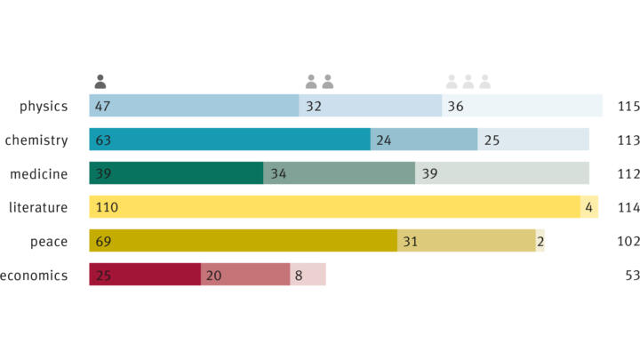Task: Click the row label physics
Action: [x=44, y=107]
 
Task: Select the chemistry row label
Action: [x=36, y=140]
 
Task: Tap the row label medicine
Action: [x=38, y=173]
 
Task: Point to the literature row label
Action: [x=38, y=207]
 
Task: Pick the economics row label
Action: [x=35, y=276]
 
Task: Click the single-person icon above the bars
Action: [x=100, y=82]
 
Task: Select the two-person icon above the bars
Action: [x=319, y=82]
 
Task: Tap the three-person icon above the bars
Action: [x=468, y=82]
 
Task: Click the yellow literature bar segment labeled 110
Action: [x=334, y=207]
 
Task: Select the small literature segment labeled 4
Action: [x=589, y=207]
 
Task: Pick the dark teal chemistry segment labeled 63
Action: [x=229, y=140]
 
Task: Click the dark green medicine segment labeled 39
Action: [x=176, y=173]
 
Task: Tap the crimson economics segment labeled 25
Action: [x=145, y=275]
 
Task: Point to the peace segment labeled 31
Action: [x=466, y=241]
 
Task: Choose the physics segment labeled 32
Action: [x=371, y=106]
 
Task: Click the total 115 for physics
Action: [x=628, y=107]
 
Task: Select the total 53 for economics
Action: [x=632, y=276]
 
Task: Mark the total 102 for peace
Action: [x=628, y=241]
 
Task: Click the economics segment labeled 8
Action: [x=308, y=275]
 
